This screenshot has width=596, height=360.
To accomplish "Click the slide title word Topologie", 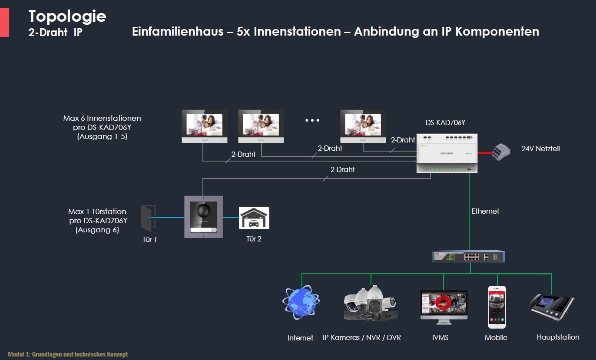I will [x=67, y=16].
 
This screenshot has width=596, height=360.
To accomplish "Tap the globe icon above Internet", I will [x=301, y=302].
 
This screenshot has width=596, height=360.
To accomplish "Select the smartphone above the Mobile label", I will [x=497, y=307].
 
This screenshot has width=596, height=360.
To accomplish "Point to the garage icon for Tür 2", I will [x=254, y=218].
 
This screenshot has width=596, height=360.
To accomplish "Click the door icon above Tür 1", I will [x=148, y=218].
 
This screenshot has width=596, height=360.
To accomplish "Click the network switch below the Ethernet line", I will [x=469, y=257].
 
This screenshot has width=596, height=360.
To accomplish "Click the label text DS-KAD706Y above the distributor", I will [x=445, y=123].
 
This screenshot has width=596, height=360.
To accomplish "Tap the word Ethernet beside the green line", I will [x=485, y=211].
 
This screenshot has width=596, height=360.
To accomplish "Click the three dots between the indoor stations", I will [x=312, y=120].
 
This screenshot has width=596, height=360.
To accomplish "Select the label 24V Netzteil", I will [x=540, y=149].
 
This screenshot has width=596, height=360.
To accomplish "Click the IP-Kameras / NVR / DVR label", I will [x=362, y=337].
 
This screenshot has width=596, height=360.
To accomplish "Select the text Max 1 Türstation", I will [x=97, y=211].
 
